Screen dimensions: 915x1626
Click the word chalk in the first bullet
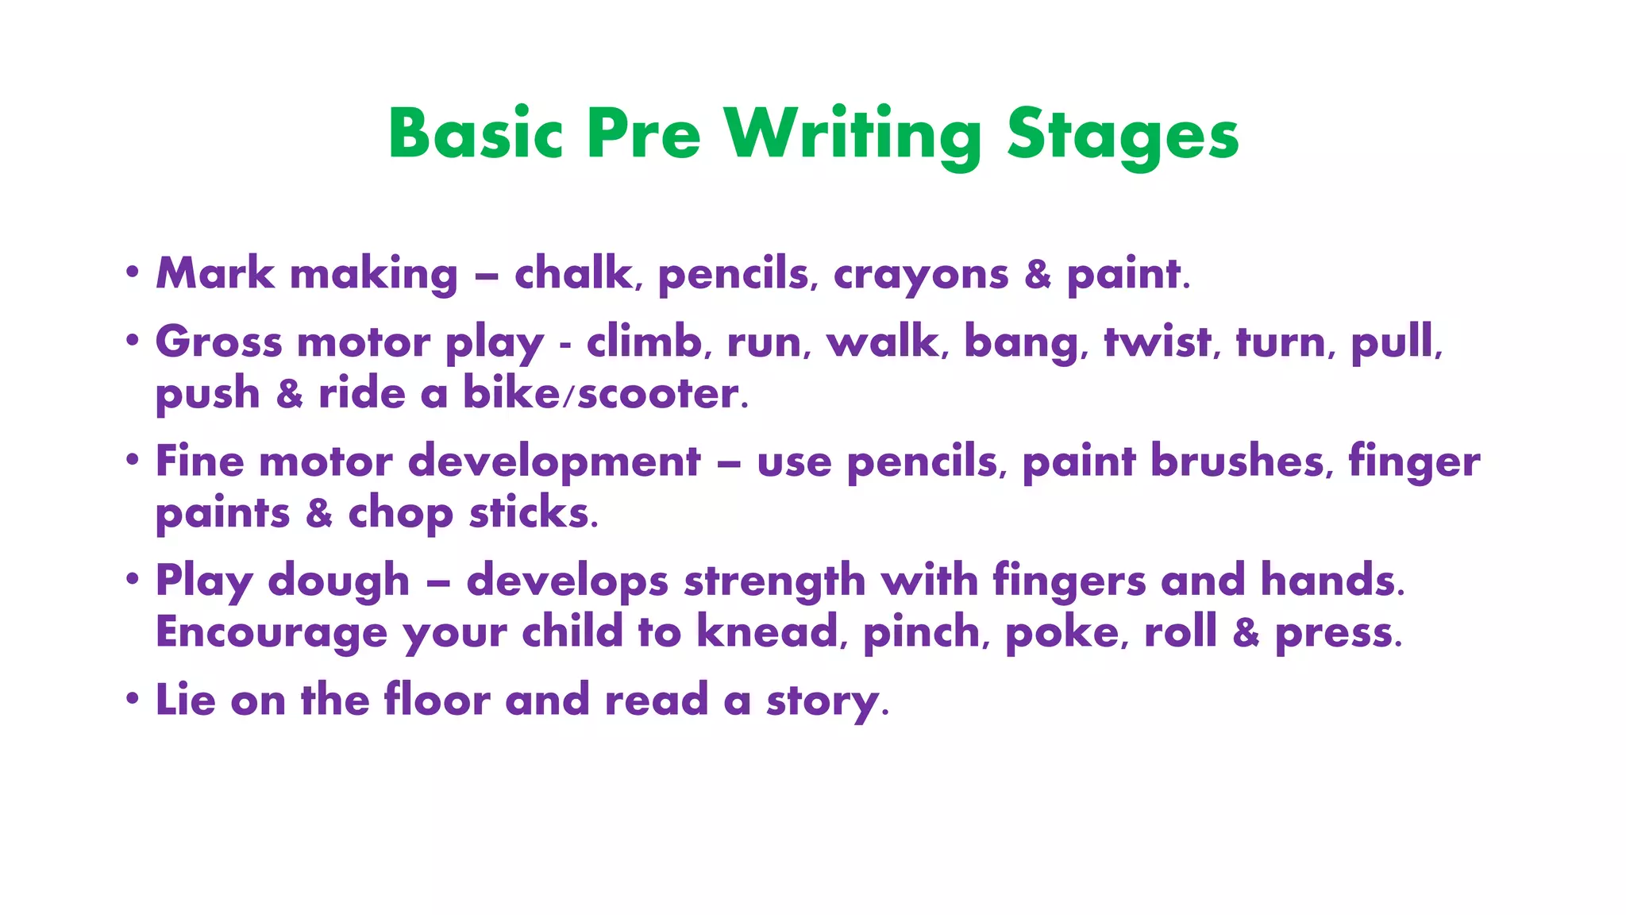coord(573,274)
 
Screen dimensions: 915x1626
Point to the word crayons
coord(920,276)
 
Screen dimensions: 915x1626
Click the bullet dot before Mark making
coord(133,272)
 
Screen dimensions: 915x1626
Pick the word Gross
coord(218,342)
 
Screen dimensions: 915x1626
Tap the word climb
coord(645,342)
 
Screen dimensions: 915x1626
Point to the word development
coord(554,462)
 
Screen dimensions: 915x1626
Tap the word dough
coord(338,581)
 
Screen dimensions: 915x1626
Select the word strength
coord(774,581)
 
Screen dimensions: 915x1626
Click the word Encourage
coord(272,633)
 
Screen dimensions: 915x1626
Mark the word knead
coord(768,632)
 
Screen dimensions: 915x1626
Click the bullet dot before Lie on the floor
coord(133,698)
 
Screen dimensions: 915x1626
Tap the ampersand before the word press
coord(1246,633)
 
